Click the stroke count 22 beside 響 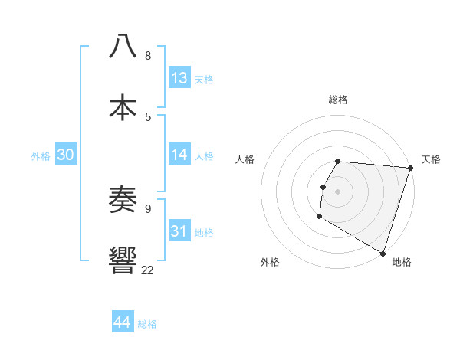point(147,270)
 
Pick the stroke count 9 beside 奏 point(148,208)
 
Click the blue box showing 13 point(179,78)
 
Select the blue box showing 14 point(179,155)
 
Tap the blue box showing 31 point(179,231)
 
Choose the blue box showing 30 point(66,155)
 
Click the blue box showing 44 point(123,322)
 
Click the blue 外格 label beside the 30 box point(41,156)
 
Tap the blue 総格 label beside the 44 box point(147,324)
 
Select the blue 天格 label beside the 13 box point(204,80)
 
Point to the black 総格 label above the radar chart point(338,100)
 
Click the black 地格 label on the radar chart point(402,263)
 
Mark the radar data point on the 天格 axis point(410,168)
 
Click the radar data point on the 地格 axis point(383,253)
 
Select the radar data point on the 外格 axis point(319,217)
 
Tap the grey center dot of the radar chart point(338,191)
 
